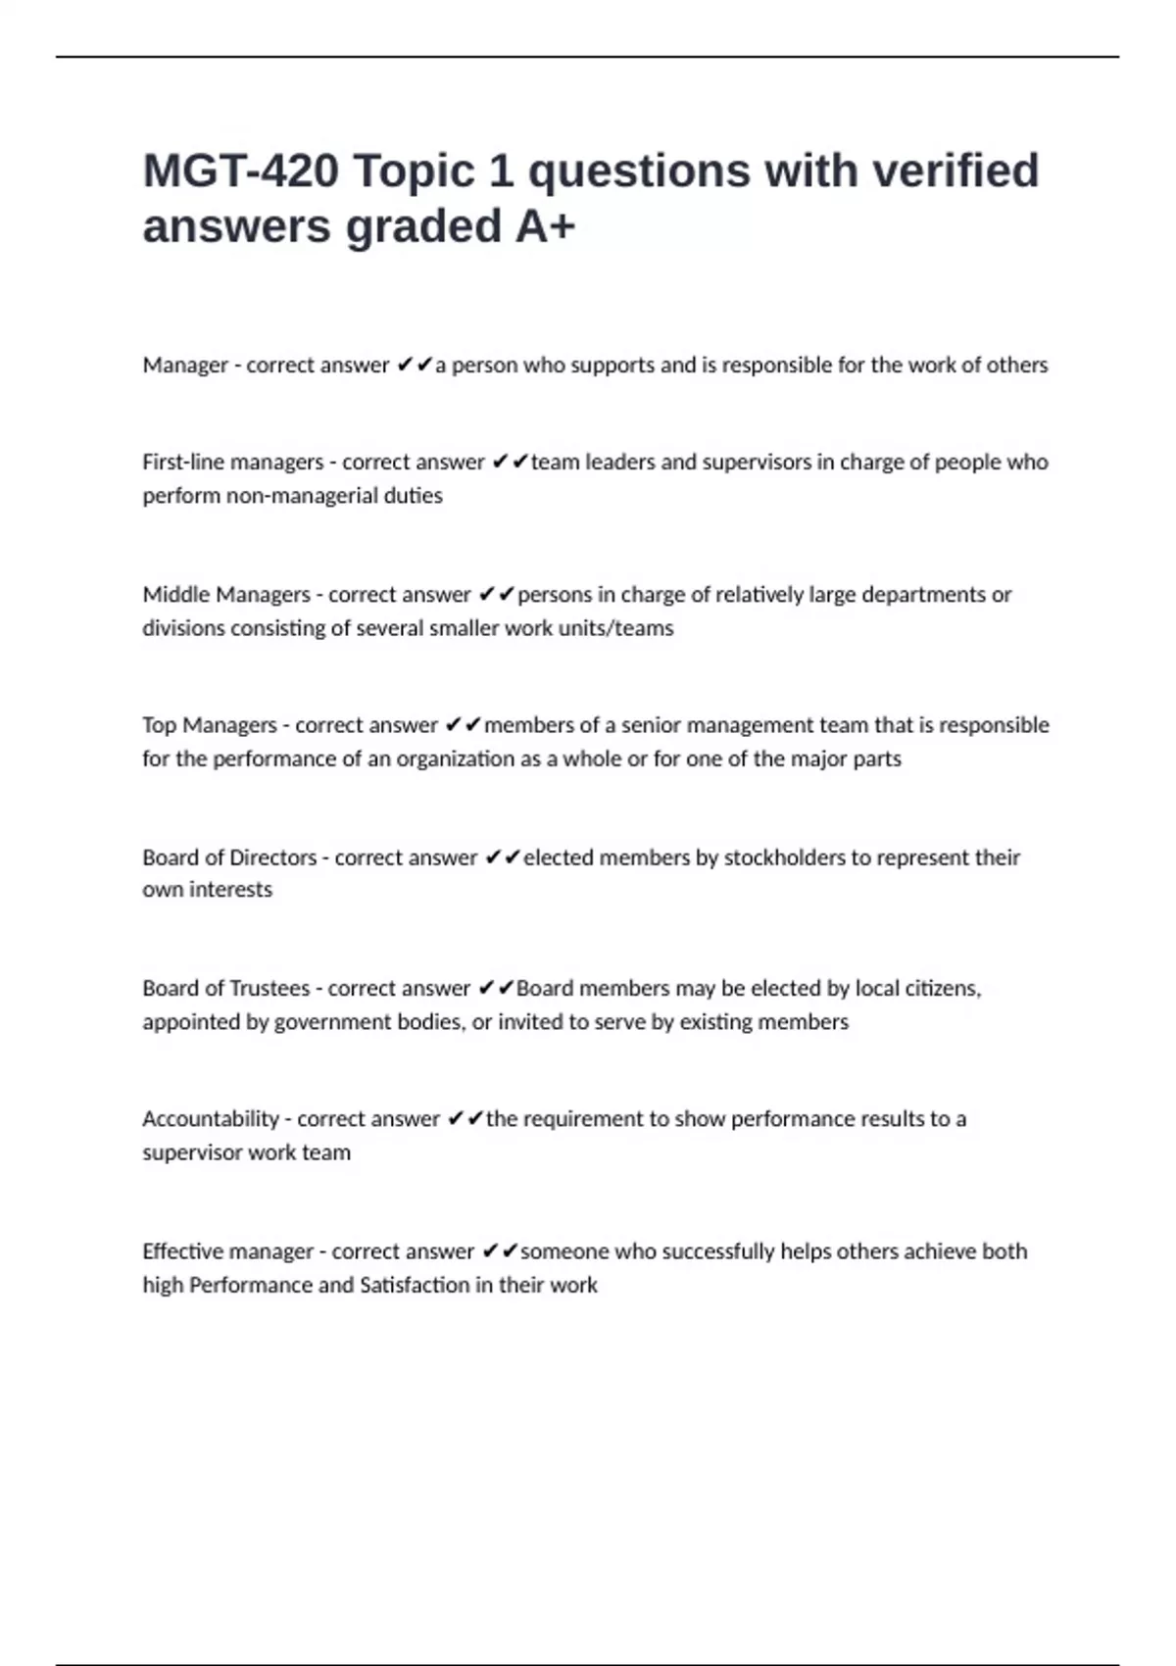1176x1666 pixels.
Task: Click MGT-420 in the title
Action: [x=240, y=171]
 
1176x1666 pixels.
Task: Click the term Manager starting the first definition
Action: [x=185, y=366]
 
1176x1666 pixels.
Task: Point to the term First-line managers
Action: [x=232, y=462]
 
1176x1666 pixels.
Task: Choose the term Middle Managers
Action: [x=226, y=595]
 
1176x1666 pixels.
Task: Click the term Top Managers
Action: [x=210, y=725]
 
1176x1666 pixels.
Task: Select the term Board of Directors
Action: [x=229, y=857]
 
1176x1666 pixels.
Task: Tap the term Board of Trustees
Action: [x=225, y=988]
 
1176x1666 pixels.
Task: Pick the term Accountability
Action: [x=211, y=1119]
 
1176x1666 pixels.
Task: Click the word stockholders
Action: [x=784, y=857]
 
